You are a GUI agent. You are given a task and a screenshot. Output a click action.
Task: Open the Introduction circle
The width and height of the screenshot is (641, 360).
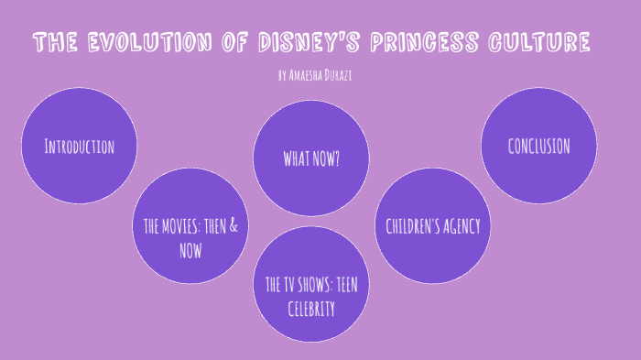point(79,147)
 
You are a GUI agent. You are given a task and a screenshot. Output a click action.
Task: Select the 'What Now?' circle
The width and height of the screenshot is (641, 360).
point(311,157)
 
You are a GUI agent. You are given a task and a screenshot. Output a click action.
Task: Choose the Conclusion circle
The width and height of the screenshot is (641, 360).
point(538,147)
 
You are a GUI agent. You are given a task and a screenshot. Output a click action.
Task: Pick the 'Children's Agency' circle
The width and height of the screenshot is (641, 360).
point(432,225)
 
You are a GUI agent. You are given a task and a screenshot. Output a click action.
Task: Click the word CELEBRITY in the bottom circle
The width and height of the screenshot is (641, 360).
point(311,309)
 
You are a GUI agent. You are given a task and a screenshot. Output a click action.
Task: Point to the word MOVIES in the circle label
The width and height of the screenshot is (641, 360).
point(186,225)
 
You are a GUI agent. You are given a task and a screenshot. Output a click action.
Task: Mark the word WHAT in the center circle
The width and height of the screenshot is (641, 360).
point(297,158)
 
